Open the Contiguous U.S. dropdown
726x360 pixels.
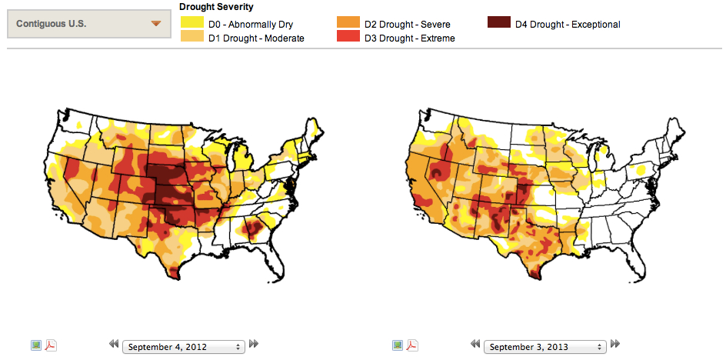[88, 24]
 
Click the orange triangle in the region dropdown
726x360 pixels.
[157, 24]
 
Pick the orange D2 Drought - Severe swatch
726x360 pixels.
[348, 24]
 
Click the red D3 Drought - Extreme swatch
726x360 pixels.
[348, 37]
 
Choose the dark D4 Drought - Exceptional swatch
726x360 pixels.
[499, 24]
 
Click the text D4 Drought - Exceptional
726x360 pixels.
[568, 25]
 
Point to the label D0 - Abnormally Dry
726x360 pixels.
[251, 25]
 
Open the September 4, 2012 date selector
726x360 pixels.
[183, 346]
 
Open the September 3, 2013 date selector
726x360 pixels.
[544, 346]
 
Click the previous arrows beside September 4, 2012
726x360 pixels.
[114, 345]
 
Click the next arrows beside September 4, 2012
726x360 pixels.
[254, 345]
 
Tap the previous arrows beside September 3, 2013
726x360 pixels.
[475, 345]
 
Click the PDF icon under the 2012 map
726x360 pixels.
[51, 345]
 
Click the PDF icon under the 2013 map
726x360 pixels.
[412, 345]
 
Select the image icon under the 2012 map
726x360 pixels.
[36, 345]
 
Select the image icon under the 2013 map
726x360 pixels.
[398, 345]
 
